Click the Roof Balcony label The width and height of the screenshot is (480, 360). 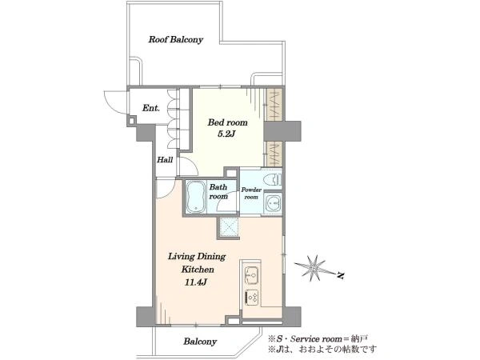pyautogui.click(x=176, y=40)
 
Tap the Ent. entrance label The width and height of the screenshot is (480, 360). pyautogui.click(x=151, y=108)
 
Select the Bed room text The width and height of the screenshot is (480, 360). pyautogui.click(x=227, y=122)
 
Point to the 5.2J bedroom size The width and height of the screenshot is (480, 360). pyautogui.click(x=226, y=134)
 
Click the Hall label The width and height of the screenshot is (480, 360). pyautogui.click(x=165, y=160)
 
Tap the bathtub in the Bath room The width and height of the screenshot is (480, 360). pyautogui.click(x=195, y=197)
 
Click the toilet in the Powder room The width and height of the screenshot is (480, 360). pyautogui.click(x=274, y=179)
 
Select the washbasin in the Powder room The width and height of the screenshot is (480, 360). pyautogui.click(x=273, y=202)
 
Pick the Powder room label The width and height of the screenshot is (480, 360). pyautogui.click(x=251, y=193)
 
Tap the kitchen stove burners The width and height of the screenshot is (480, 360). pyautogui.click(x=252, y=298)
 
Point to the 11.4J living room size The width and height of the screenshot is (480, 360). pyautogui.click(x=196, y=282)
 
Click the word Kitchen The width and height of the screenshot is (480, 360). pyautogui.click(x=198, y=270)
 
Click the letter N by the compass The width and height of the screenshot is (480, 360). pyautogui.click(x=340, y=275)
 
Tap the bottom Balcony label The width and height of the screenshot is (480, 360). pyautogui.click(x=200, y=342)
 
